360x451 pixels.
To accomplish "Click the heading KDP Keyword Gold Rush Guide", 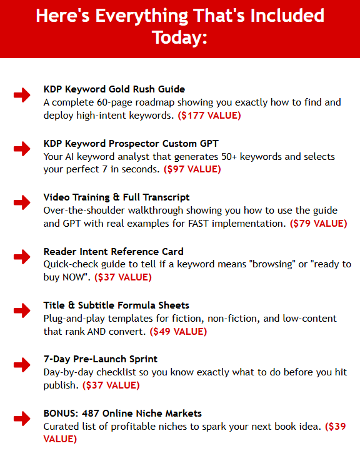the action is click(114, 89).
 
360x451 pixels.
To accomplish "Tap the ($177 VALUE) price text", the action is click(209, 115).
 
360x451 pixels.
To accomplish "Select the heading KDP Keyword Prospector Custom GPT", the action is click(131, 143).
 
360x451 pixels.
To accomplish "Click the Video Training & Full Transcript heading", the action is click(117, 197).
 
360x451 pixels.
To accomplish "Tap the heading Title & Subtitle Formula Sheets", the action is click(116, 305).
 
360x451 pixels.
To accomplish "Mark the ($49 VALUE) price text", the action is click(178, 332).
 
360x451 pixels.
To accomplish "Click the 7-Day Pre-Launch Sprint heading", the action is click(101, 359).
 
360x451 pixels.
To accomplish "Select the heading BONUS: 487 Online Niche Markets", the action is click(122, 414).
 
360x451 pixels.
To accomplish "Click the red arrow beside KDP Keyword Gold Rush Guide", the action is click(21, 95).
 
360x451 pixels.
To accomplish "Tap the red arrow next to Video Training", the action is click(21, 202).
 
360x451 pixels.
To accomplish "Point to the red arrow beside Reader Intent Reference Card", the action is click(21, 257).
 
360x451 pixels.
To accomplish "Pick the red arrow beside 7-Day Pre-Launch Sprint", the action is click(21, 364).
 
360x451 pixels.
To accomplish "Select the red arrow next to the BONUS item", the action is click(21, 419).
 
